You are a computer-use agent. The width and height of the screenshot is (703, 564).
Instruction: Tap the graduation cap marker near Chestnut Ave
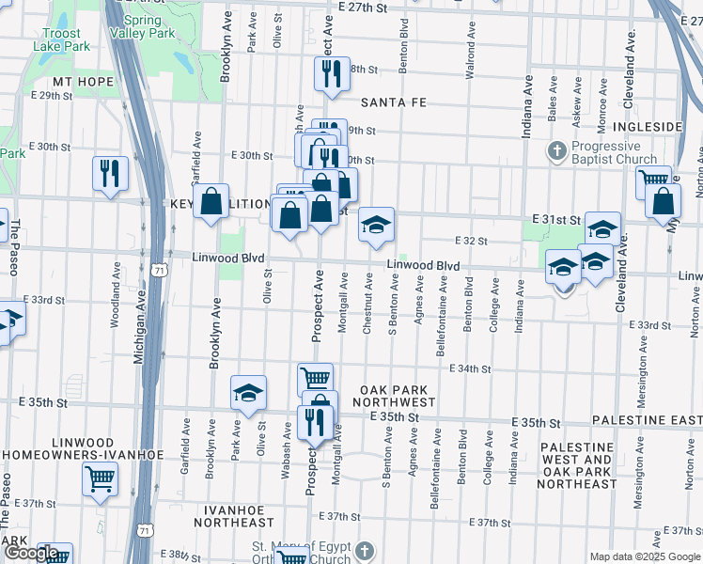376,225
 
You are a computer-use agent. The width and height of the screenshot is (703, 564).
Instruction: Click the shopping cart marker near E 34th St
315,379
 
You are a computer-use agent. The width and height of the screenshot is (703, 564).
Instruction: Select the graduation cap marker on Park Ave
248,394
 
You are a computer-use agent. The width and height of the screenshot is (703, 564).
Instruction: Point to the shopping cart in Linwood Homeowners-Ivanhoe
100,479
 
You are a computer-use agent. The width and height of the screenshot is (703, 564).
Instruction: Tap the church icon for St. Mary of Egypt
367,549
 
